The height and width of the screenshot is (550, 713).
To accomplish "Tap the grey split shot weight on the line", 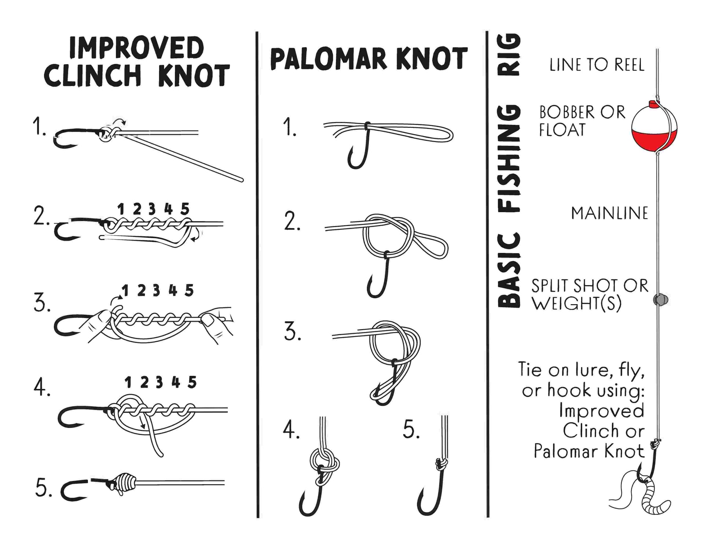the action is click(661, 299).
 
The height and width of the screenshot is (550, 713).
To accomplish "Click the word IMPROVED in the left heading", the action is click(136, 48).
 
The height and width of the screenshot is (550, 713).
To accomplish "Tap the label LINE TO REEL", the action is click(596, 65).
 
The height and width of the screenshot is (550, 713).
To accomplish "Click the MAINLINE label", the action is click(610, 213).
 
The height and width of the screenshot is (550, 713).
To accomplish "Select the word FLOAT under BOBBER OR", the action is click(562, 130).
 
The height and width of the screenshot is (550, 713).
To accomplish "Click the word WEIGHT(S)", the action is click(576, 303).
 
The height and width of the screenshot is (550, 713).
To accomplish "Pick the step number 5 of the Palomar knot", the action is click(411, 429).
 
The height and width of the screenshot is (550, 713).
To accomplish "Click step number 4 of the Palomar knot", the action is click(291, 429).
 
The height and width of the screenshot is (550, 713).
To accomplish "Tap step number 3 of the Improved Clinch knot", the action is click(42, 304).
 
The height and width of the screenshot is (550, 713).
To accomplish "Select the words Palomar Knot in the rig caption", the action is click(589, 451).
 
